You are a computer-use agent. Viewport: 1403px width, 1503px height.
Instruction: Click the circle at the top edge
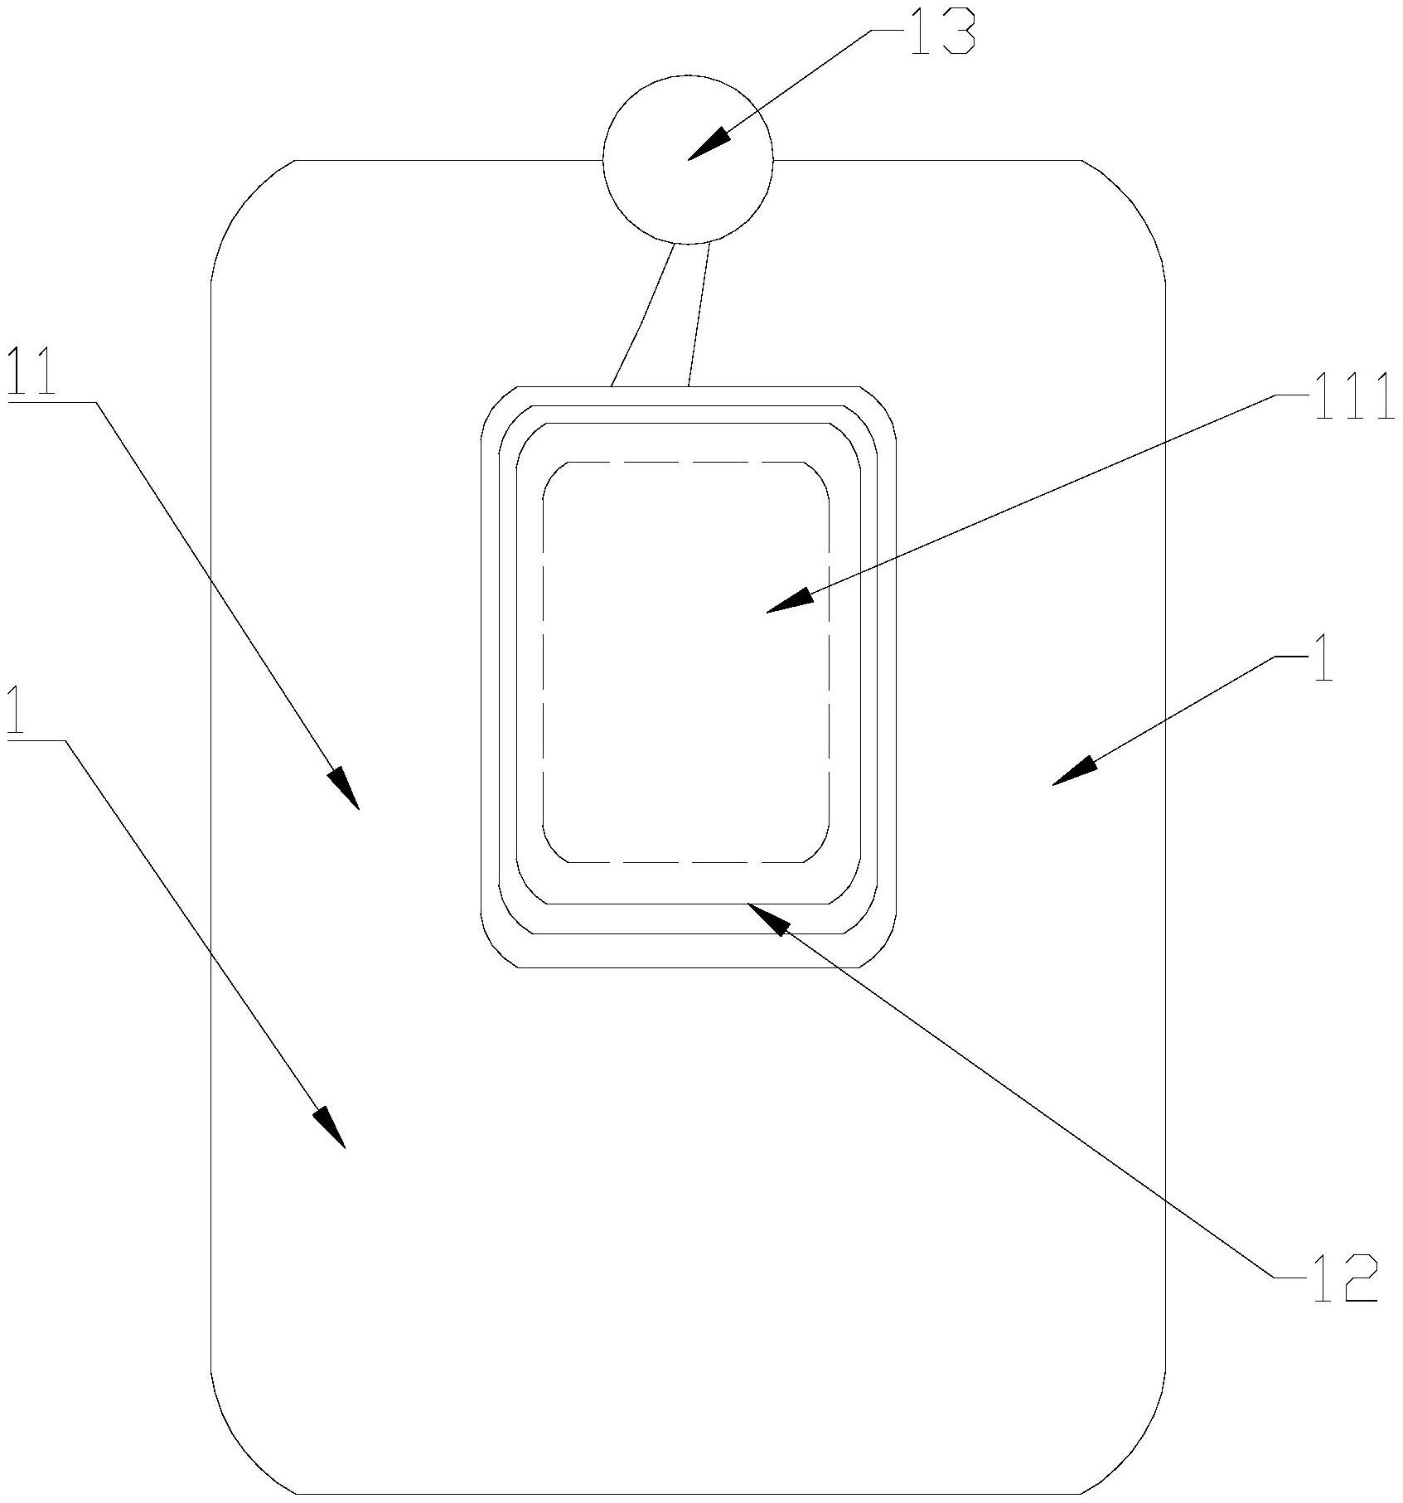click(x=688, y=159)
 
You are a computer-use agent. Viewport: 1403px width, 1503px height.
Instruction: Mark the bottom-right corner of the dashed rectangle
click(x=819, y=851)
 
